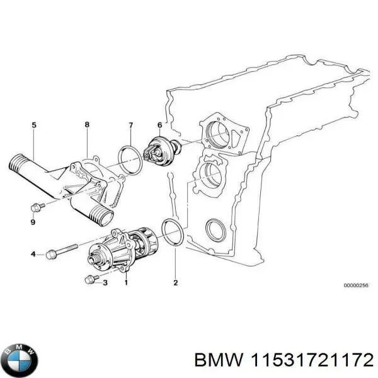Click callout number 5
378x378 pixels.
34,125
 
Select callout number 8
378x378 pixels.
87,125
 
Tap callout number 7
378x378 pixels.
130,125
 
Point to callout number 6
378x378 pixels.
159,125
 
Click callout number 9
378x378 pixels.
33,222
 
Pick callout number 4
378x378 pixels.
33,254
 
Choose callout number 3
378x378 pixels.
105,283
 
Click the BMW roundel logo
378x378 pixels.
20,359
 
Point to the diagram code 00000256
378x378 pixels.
355,285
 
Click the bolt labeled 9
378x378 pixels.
37,208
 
